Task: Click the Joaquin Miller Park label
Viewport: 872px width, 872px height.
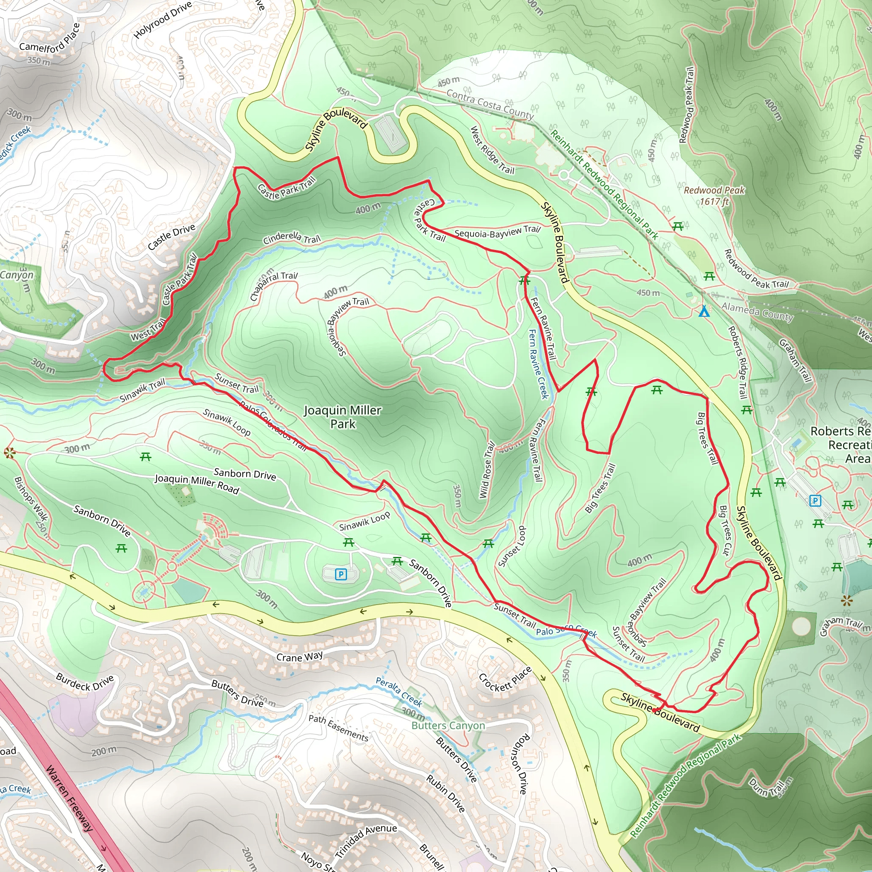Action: [343, 417]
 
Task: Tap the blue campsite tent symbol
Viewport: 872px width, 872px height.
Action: [704, 311]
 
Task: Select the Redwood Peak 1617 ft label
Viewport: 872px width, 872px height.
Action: [714, 195]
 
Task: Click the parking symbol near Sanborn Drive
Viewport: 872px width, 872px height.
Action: [341, 574]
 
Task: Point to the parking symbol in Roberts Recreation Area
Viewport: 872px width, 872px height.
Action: [815, 500]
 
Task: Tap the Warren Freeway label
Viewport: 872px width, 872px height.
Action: [69, 798]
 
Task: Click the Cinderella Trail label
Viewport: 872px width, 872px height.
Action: [292, 238]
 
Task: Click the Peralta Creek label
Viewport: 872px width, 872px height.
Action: [399, 692]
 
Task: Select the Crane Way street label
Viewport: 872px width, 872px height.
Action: [300, 656]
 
